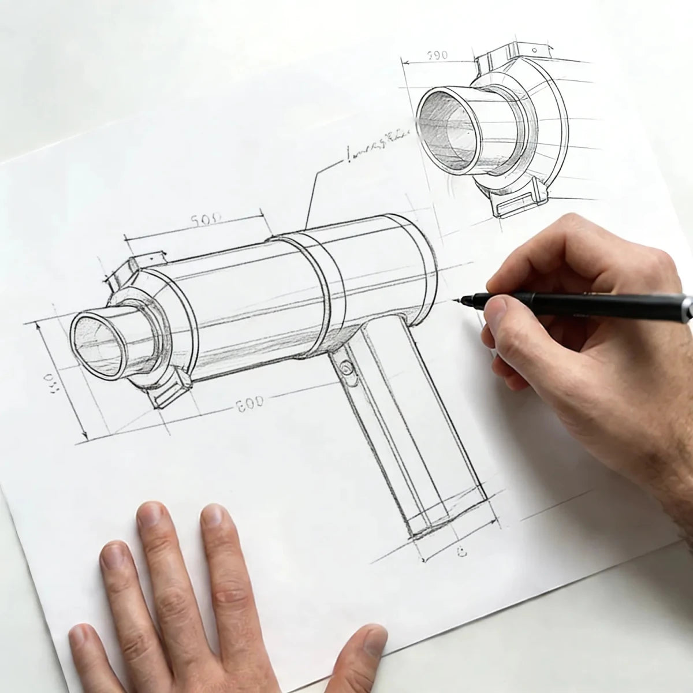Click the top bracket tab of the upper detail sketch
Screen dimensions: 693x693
pos(508,55)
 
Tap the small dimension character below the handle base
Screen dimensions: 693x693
pos(462,553)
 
